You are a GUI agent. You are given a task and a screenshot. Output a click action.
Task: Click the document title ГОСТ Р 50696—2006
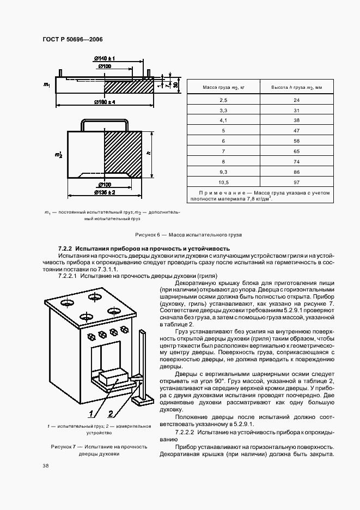click(x=71, y=40)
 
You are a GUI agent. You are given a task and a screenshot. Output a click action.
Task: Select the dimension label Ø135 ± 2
click(x=104, y=192)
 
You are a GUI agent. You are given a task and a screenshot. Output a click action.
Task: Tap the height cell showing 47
click(x=296, y=131)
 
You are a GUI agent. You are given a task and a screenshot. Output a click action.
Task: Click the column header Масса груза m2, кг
click(x=223, y=87)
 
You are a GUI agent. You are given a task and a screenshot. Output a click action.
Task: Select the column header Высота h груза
click(x=296, y=87)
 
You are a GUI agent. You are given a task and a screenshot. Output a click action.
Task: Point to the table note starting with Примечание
click(x=260, y=196)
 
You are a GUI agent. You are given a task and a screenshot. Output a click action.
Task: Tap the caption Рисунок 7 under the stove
click(x=99, y=450)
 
